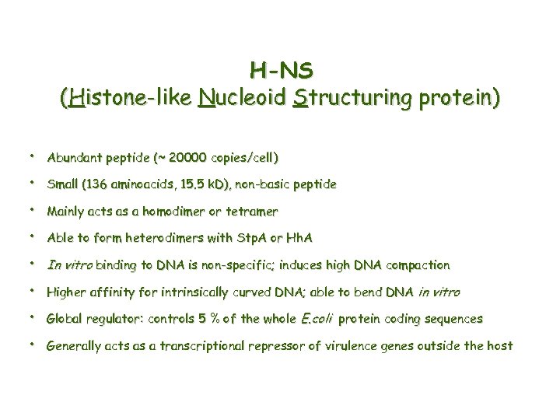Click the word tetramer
250,212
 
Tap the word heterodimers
171,238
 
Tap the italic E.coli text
317,319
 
